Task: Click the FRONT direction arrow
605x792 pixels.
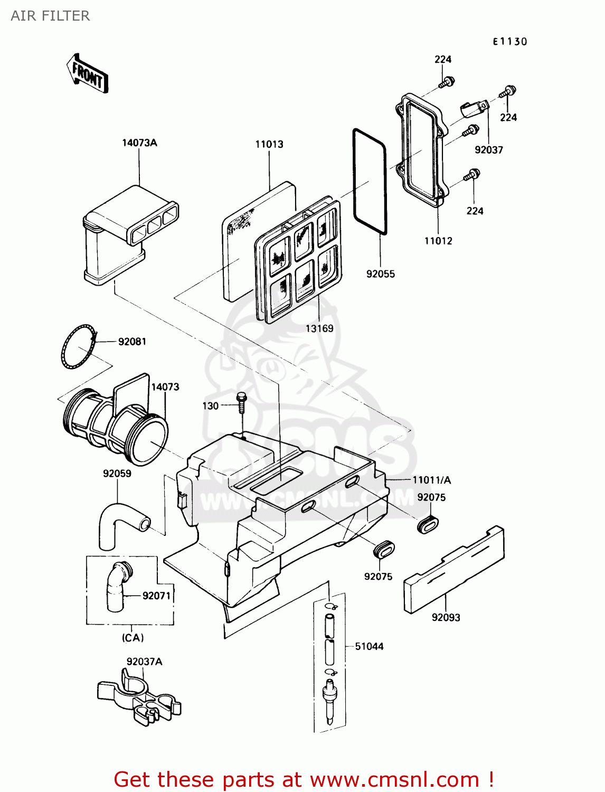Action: (88, 73)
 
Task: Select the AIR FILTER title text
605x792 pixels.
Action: (50, 16)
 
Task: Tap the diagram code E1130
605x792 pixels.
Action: (510, 42)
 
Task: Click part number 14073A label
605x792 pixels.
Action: (139, 143)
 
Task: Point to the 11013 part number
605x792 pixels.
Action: (269, 144)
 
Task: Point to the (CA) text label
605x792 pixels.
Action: (133, 638)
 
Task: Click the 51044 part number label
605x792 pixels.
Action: (369, 646)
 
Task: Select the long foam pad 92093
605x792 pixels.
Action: (454, 570)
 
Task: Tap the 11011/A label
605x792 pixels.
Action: (431, 480)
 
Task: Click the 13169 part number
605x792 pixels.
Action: (319, 328)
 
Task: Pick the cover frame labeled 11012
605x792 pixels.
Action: (422, 150)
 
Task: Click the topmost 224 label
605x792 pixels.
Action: (443, 60)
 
